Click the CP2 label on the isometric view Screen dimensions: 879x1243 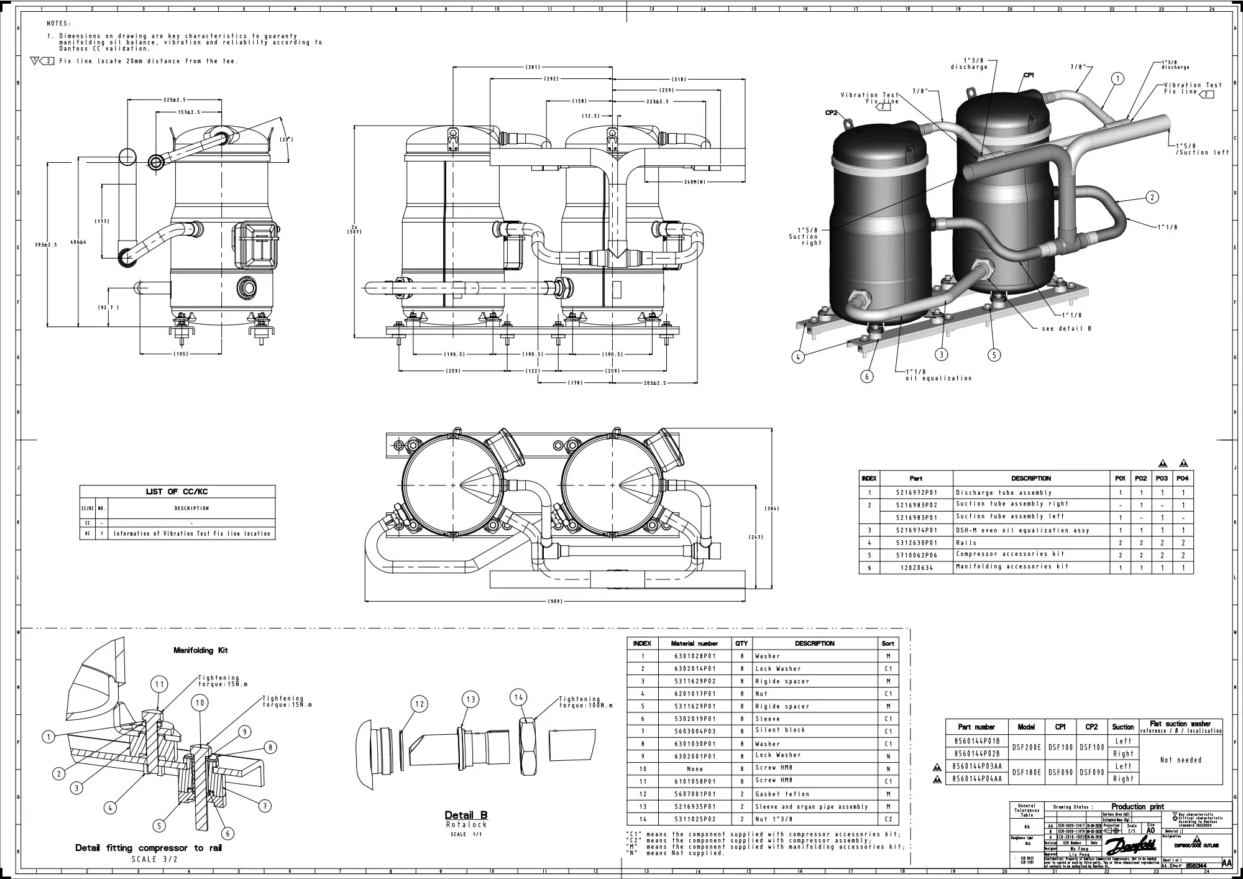(832, 113)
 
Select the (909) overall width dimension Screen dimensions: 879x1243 (556, 602)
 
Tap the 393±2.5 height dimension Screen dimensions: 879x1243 (45, 245)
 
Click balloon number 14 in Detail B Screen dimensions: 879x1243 (519, 697)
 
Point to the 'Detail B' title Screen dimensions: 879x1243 (466, 815)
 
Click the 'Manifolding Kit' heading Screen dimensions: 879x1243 (201, 650)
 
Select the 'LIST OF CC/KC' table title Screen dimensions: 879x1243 (177, 492)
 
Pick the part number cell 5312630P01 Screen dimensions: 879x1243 (916, 543)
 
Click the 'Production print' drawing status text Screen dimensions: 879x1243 (1138, 807)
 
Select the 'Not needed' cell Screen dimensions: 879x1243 (1181, 760)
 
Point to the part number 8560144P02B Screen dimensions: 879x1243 (976, 753)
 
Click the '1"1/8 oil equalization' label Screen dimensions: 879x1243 (938, 375)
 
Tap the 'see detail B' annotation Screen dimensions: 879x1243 (1066, 329)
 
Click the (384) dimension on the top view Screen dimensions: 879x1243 (772, 509)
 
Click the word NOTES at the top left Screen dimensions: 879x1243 (59, 24)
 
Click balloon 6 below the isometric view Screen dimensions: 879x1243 (868, 376)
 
